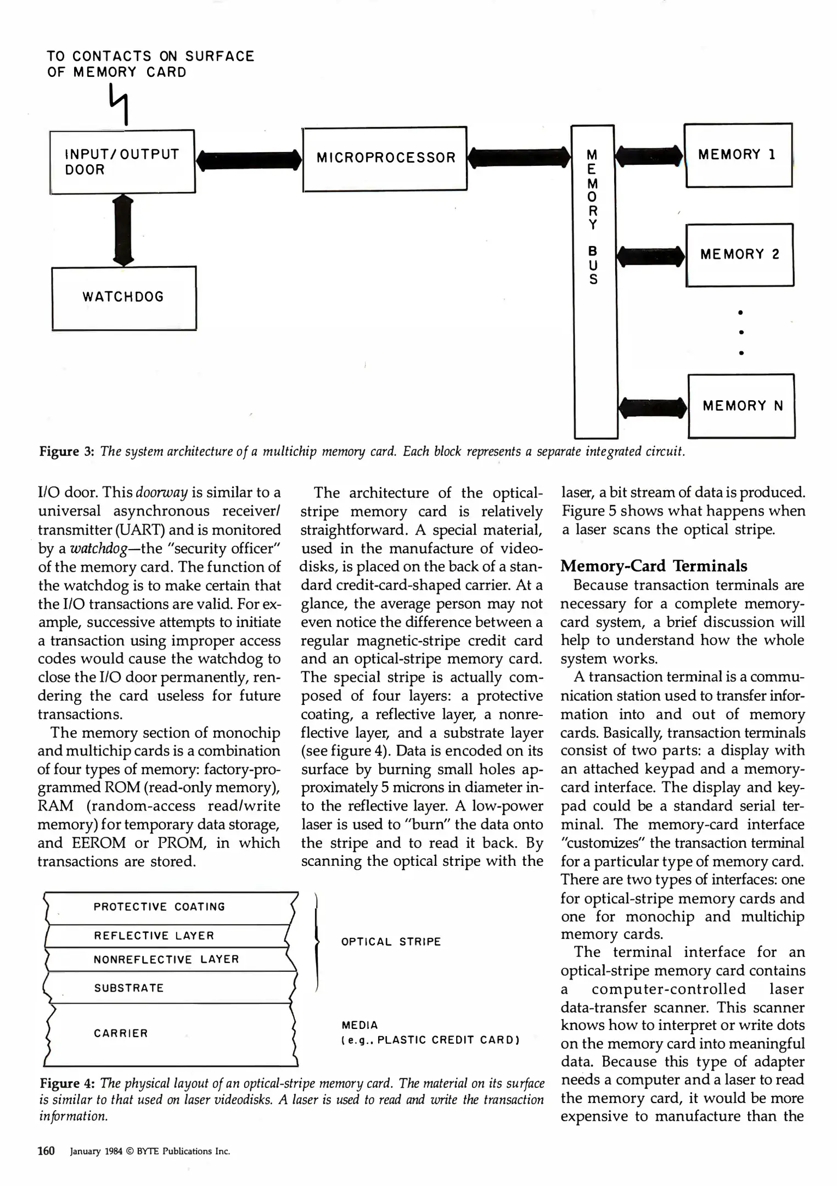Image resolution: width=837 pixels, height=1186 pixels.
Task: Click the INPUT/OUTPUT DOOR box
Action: tap(122, 161)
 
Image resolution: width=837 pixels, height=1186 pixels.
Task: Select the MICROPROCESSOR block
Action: tap(385, 159)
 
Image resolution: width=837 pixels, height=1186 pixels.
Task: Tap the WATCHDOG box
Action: tap(123, 298)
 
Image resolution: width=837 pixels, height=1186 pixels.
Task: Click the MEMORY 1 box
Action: tap(738, 155)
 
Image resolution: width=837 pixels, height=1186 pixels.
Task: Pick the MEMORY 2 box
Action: tap(739, 255)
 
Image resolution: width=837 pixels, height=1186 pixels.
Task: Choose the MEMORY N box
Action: tap(741, 406)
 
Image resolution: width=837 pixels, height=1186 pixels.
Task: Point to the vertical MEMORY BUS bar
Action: tap(594, 280)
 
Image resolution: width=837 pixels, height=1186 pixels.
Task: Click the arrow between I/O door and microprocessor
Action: tap(249, 160)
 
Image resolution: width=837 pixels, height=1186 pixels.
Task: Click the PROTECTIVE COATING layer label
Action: tap(159, 907)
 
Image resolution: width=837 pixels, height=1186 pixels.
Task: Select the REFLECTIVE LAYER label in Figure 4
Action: tap(154, 936)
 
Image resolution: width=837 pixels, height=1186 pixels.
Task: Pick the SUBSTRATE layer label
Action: tap(129, 988)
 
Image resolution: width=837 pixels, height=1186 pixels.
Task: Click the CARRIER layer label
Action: tap(121, 1033)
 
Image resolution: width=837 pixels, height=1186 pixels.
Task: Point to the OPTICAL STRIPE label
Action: tap(391, 942)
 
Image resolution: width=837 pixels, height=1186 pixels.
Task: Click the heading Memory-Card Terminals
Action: tap(654, 566)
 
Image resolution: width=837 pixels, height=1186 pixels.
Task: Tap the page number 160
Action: tap(46, 1151)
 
